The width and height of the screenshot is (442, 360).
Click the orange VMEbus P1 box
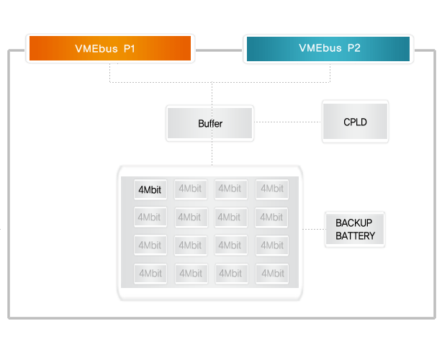click(x=110, y=48)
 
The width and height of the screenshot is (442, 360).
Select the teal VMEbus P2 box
click(x=328, y=49)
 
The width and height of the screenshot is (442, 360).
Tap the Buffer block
click(x=209, y=123)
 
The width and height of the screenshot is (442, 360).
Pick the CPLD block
click(x=355, y=122)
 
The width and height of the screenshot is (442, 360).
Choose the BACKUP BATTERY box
click(x=355, y=229)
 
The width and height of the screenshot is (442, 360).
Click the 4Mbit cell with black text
click(x=150, y=189)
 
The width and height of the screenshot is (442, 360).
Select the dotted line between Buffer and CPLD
click(x=287, y=122)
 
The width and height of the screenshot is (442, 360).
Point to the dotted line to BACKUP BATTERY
click(x=314, y=229)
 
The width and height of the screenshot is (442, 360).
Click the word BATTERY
click(x=355, y=235)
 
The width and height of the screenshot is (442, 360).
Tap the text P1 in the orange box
click(x=130, y=48)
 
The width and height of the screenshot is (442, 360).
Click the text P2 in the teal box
click(x=353, y=48)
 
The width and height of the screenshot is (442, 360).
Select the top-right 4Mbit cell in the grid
click(x=271, y=189)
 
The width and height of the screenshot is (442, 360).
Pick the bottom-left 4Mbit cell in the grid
click(x=150, y=274)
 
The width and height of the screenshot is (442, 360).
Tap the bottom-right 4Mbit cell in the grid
click(x=272, y=274)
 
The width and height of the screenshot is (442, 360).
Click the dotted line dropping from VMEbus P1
click(x=109, y=73)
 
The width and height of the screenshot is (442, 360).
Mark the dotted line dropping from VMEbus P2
click(x=330, y=73)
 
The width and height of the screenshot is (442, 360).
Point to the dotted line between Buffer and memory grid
click(x=212, y=152)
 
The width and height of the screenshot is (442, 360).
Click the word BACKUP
click(x=353, y=222)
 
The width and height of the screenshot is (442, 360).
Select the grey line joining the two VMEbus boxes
click(x=219, y=50)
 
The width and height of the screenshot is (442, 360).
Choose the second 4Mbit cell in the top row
click(x=191, y=189)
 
